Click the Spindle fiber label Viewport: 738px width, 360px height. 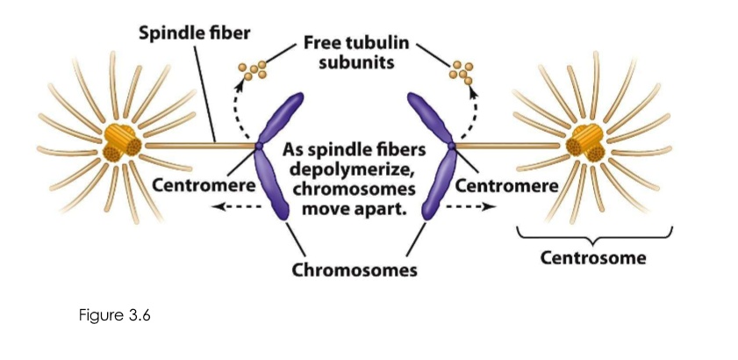[195, 34]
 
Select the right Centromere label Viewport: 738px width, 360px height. [508, 187]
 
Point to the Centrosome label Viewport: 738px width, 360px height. [593, 258]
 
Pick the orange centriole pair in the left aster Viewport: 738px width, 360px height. [121, 142]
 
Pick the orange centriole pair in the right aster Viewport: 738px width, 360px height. [586, 142]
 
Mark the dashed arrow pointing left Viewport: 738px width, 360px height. [233, 208]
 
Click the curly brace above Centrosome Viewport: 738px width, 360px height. [594, 235]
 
